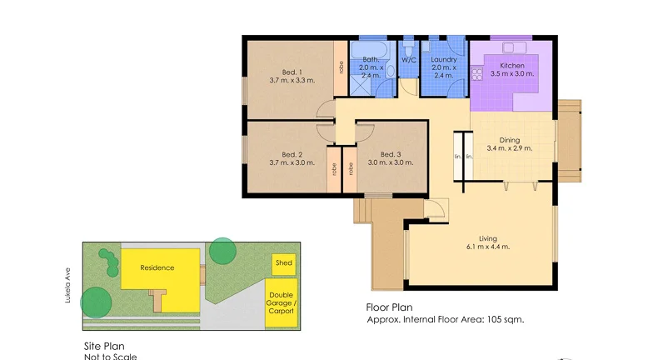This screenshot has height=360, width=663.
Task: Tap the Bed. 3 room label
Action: coord(391,154)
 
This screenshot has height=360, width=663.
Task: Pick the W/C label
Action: coord(409,61)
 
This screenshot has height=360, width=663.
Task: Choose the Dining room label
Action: coord(509,140)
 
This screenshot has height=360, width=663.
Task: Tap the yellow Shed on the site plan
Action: coord(284,264)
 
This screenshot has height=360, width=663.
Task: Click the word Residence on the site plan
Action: coord(157,267)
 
